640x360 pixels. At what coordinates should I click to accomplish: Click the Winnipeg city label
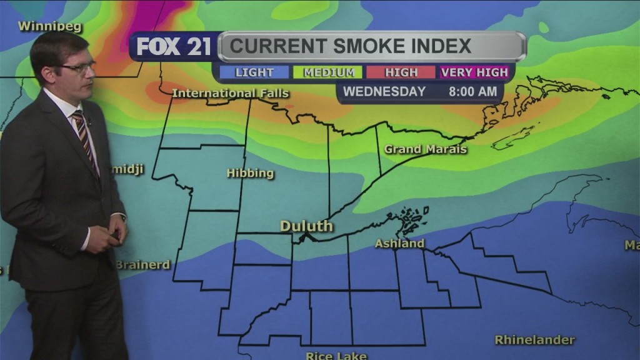click(x=42, y=26)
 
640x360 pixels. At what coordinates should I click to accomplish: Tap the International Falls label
click(x=230, y=93)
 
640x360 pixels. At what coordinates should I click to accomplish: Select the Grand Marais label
click(x=426, y=149)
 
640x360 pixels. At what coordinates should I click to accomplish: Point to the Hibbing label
click(x=250, y=173)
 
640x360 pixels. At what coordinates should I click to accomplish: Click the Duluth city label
click(x=306, y=226)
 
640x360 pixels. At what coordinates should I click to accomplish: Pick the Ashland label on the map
click(x=399, y=243)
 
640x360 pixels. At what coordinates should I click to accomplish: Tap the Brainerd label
click(x=142, y=264)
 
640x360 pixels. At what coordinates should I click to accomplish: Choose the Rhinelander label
click(x=534, y=340)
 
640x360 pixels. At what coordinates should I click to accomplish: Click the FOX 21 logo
click(x=174, y=46)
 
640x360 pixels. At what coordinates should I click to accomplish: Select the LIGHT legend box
click(x=254, y=72)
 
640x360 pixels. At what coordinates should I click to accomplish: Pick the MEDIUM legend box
click(x=328, y=72)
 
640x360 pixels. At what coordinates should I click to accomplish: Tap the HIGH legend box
click(x=401, y=72)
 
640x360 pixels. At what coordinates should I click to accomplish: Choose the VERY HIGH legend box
click(x=474, y=72)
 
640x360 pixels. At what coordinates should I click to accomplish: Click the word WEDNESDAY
click(x=384, y=92)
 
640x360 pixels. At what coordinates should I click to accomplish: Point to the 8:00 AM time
click(x=473, y=92)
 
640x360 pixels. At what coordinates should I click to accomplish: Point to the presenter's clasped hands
click(x=112, y=236)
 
